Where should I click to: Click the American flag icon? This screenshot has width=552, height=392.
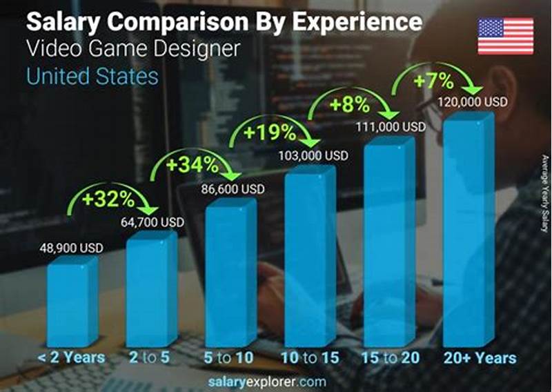pos(506,36)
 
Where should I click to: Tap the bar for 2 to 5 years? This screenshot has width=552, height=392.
pos(150,290)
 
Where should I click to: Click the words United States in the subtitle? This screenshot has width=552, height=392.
pos(92,75)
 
